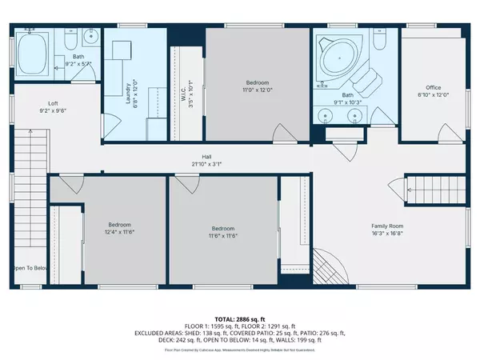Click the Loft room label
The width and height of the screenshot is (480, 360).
(53, 103)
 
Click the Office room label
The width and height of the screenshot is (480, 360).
(433, 87)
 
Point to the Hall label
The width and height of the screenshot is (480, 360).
(206, 157)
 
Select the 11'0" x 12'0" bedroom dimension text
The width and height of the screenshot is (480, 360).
(257, 89)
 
